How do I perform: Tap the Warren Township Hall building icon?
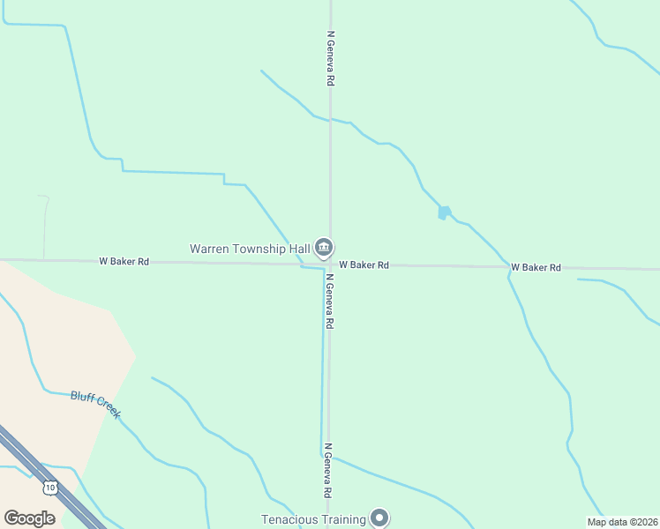point(324,248)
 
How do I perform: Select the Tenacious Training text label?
point(313,519)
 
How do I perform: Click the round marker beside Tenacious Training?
point(379,518)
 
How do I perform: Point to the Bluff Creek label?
point(95,404)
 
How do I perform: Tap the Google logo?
point(29,518)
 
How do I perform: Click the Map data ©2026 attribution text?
point(621,522)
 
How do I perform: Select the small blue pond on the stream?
point(444,212)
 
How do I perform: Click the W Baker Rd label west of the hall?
point(124,261)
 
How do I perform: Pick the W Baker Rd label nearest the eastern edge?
point(536,267)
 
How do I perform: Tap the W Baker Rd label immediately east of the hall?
point(364,264)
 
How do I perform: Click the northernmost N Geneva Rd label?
point(330,58)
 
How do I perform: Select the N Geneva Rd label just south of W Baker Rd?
point(328,302)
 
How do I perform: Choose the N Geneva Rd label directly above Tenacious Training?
point(327,470)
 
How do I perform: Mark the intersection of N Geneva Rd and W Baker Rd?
point(329,264)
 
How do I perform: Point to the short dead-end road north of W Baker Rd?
point(44,225)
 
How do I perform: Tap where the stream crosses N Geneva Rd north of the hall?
point(330,120)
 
